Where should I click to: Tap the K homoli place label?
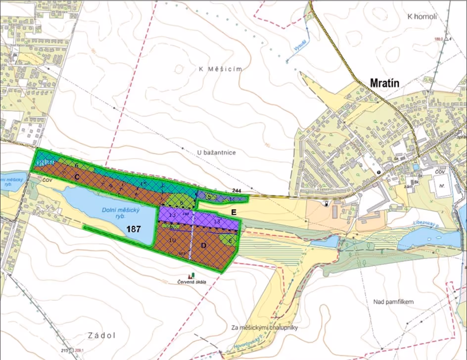(x=422, y=16)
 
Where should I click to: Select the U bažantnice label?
(x=215, y=153)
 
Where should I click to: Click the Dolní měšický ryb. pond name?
(x=121, y=213)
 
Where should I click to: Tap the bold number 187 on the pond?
(x=134, y=229)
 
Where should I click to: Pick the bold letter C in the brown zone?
(x=77, y=176)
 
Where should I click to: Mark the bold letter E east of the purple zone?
(x=234, y=211)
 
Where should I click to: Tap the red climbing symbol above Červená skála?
(x=188, y=275)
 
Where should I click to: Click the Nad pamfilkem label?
(x=394, y=301)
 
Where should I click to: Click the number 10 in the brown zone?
(x=173, y=240)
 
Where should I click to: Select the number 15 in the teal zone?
(x=143, y=184)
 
